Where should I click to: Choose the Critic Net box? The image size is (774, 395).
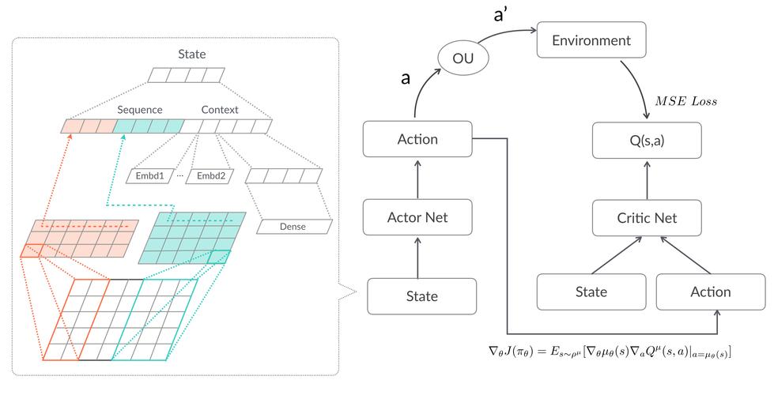click(x=648, y=217)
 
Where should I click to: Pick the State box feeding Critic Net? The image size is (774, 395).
click(x=590, y=292)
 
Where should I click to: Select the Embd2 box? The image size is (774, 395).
click(x=211, y=175)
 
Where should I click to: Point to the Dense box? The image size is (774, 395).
click(x=293, y=227)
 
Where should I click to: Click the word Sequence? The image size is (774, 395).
click(x=139, y=109)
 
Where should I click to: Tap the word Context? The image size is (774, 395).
click(x=220, y=109)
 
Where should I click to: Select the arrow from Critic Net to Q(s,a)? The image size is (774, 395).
click(x=648, y=180)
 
